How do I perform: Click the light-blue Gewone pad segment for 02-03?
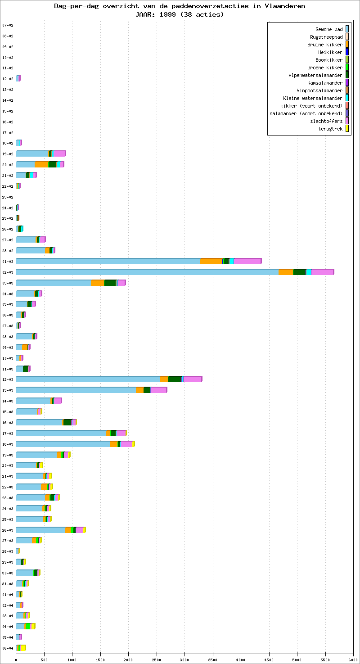[x=147, y=272]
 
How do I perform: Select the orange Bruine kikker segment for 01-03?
[x=211, y=261]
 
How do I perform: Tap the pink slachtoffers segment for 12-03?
[x=192, y=379]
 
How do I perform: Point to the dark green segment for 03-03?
[x=110, y=283]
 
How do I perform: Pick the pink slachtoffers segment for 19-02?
[x=59, y=154]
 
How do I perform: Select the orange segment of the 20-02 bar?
[x=41, y=164]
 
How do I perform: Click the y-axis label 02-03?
[x=8, y=272]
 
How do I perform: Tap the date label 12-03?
[x=8, y=379]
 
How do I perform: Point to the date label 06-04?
[x=8, y=648]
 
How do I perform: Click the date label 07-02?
[x=8, y=25]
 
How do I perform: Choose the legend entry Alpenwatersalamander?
[x=315, y=75]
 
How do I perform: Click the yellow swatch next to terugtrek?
[x=347, y=129]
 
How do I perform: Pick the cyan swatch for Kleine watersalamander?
[x=347, y=98]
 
